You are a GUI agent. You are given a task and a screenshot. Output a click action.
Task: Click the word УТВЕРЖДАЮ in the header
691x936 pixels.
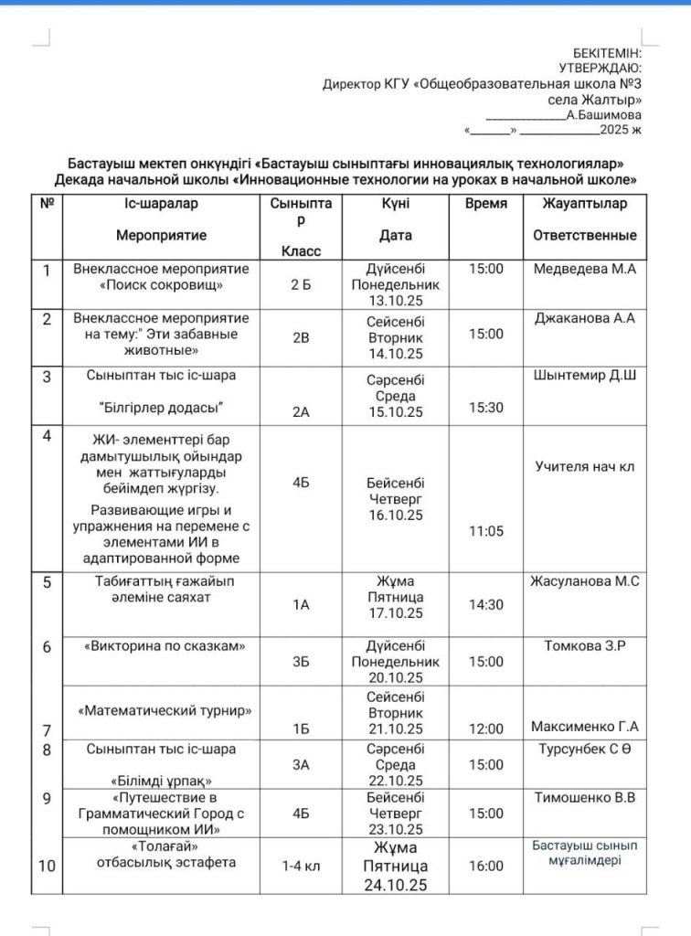(x=600, y=68)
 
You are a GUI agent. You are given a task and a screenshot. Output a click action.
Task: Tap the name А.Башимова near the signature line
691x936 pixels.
(x=603, y=115)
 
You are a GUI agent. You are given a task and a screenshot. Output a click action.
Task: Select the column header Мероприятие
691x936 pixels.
(x=161, y=235)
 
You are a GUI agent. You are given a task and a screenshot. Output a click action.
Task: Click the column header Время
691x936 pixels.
(x=485, y=204)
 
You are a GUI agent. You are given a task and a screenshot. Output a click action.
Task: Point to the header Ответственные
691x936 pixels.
(x=585, y=235)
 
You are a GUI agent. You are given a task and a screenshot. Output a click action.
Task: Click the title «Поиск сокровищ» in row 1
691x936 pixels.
(x=161, y=285)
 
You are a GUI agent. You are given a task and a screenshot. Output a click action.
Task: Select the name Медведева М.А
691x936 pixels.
(x=585, y=269)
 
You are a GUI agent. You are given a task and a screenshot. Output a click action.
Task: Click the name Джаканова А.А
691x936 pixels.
(x=585, y=318)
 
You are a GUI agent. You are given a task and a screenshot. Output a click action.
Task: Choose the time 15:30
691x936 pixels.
(x=485, y=408)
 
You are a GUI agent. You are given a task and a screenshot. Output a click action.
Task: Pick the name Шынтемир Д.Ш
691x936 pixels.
(x=585, y=374)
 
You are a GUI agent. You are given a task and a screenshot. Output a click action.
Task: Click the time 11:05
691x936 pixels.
(x=485, y=530)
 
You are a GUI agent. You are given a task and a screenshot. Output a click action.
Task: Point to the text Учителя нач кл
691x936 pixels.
(x=585, y=466)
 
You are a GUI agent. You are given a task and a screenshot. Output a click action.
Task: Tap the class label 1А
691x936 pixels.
(x=302, y=604)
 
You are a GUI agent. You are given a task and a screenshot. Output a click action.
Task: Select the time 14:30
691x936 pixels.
(x=485, y=604)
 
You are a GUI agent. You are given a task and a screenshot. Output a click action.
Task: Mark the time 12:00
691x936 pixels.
(x=485, y=729)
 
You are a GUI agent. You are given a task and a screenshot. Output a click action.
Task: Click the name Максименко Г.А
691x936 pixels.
(x=585, y=728)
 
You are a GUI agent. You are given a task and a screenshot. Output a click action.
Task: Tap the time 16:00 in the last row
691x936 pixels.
(x=485, y=865)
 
